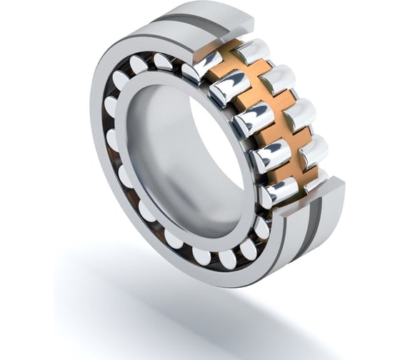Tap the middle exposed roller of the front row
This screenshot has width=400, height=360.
pyautogui.click(x=252, y=118)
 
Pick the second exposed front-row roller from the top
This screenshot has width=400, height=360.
pyautogui.click(x=230, y=88)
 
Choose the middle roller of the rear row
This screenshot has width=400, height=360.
pyautogui.click(x=299, y=113)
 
